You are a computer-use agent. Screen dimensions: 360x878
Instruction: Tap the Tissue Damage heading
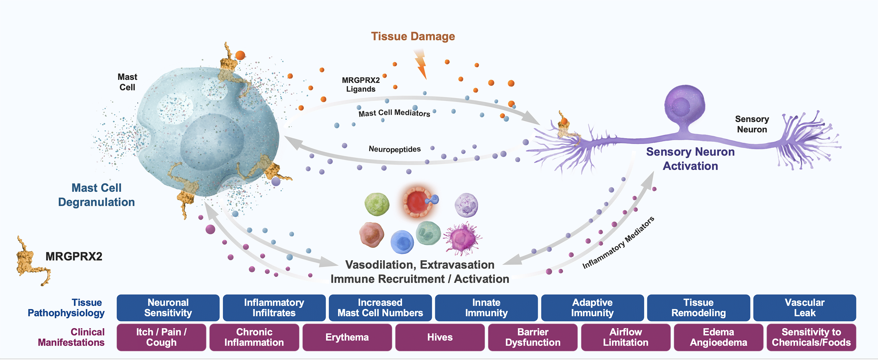point(413,36)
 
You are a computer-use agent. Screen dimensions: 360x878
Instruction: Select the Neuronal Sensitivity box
point(168,308)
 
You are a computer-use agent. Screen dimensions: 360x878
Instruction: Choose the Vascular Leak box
point(805,308)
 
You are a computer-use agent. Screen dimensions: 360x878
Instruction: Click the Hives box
point(440,337)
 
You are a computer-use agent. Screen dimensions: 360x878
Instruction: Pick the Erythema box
point(347,337)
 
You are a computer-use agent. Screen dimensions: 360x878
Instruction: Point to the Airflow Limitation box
point(626,337)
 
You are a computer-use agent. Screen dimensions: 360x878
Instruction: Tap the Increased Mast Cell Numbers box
point(380,308)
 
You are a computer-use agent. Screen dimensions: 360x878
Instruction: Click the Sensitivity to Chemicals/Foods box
point(811,337)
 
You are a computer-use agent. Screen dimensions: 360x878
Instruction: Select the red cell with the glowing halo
point(417,202)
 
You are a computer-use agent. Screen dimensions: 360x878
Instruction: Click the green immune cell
point(377,204)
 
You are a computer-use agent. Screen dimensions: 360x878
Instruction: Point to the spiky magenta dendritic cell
point(462,238)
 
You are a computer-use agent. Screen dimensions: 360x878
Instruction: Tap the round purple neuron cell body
point(685,105)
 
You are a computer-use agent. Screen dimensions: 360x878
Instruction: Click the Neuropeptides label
point(394,149)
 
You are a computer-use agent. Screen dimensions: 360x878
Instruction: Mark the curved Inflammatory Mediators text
point(618,243)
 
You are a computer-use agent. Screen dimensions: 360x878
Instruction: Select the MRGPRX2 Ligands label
point(361,85)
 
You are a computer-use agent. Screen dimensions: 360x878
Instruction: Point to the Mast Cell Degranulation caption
point(96,195)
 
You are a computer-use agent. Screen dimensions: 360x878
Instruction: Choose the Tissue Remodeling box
point(698,308)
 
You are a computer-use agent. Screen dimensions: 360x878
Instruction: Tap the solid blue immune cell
point(402,242)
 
